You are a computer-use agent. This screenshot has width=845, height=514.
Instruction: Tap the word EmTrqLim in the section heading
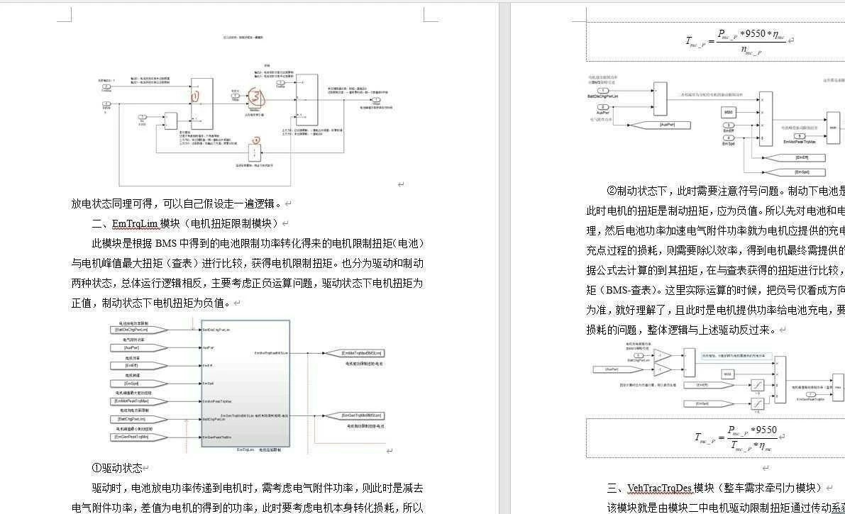[134, 223]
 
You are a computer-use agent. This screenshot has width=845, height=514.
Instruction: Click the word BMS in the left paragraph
[166, 243]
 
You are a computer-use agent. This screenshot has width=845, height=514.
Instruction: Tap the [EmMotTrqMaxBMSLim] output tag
[362, 353]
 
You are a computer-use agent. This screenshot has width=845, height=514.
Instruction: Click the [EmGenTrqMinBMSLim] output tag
[362, 415]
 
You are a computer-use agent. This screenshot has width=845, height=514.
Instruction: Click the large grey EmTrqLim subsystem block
[245, 383]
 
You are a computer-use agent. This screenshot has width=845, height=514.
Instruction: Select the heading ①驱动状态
[117, 468]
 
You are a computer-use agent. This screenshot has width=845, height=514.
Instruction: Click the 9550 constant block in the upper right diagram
[729, 112]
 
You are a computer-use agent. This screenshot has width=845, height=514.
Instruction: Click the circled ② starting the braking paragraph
[612, 191]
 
